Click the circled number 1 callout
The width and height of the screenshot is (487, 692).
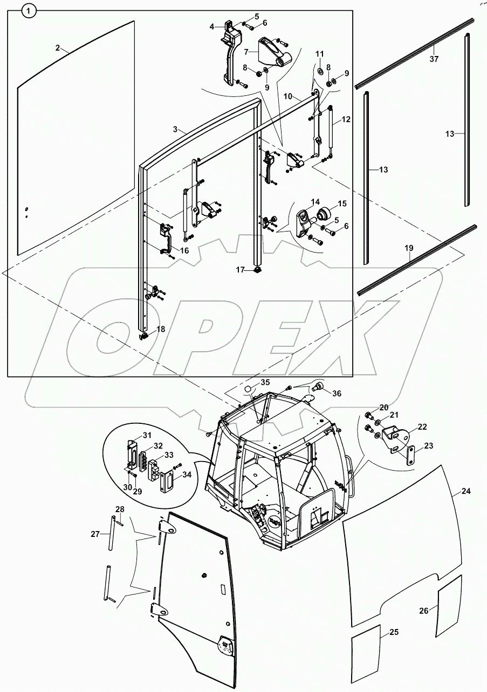pyautogui.click(x=30, y=9)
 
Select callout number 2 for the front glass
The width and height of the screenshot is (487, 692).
pyautogui.click(x=58, y=48)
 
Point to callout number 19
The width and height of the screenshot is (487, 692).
pyautogui.click(x=409, y=249)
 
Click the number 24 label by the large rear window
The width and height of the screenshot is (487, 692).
pyautogui.click(x=466, y=491)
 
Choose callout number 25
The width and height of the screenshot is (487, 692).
pyautogui.click(x=394, y=632)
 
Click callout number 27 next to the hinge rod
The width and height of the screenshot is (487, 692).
pyautogui.click(x=95, y=534)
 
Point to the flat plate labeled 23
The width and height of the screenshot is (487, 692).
pyautogui.click(x=410, y=451)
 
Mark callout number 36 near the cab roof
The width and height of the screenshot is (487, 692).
pyautogui.click(x=337, y=394)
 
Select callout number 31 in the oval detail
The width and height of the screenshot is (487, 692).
pyautogui.click(x=133, y=435)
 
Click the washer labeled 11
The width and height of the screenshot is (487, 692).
pyautogui.click(x=319, y=71)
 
